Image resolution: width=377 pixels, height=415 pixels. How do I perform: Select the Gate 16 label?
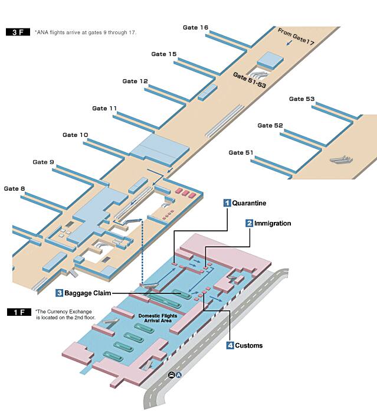tap(195, 28)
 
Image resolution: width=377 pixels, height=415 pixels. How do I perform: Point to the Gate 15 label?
tap(163, 54)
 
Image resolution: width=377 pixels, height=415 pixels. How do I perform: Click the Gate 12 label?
tap(135, 81)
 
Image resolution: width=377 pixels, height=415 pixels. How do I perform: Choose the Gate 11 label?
tap(105, 109)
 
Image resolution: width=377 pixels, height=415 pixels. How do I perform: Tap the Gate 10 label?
tap(76, 135)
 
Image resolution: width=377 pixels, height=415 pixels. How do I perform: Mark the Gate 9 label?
tap(44, 162)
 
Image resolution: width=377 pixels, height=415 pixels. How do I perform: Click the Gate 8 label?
tap(15, 189)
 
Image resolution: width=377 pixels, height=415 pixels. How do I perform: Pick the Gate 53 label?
tap(301, 99)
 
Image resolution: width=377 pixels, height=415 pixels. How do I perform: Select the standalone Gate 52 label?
tap(270, 126)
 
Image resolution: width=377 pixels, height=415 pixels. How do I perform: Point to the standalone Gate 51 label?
tap(241, 153)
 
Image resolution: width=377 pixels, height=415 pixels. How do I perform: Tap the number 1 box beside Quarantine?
tap(227, 203)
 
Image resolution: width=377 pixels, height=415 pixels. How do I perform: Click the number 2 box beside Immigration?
tap(250, 223)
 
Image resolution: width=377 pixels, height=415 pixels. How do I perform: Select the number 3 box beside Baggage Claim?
tap(60, 293)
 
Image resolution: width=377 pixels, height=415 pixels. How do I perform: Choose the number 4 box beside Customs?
tap(230, 345)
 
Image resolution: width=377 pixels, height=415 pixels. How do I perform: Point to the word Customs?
tap(249, 345)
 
